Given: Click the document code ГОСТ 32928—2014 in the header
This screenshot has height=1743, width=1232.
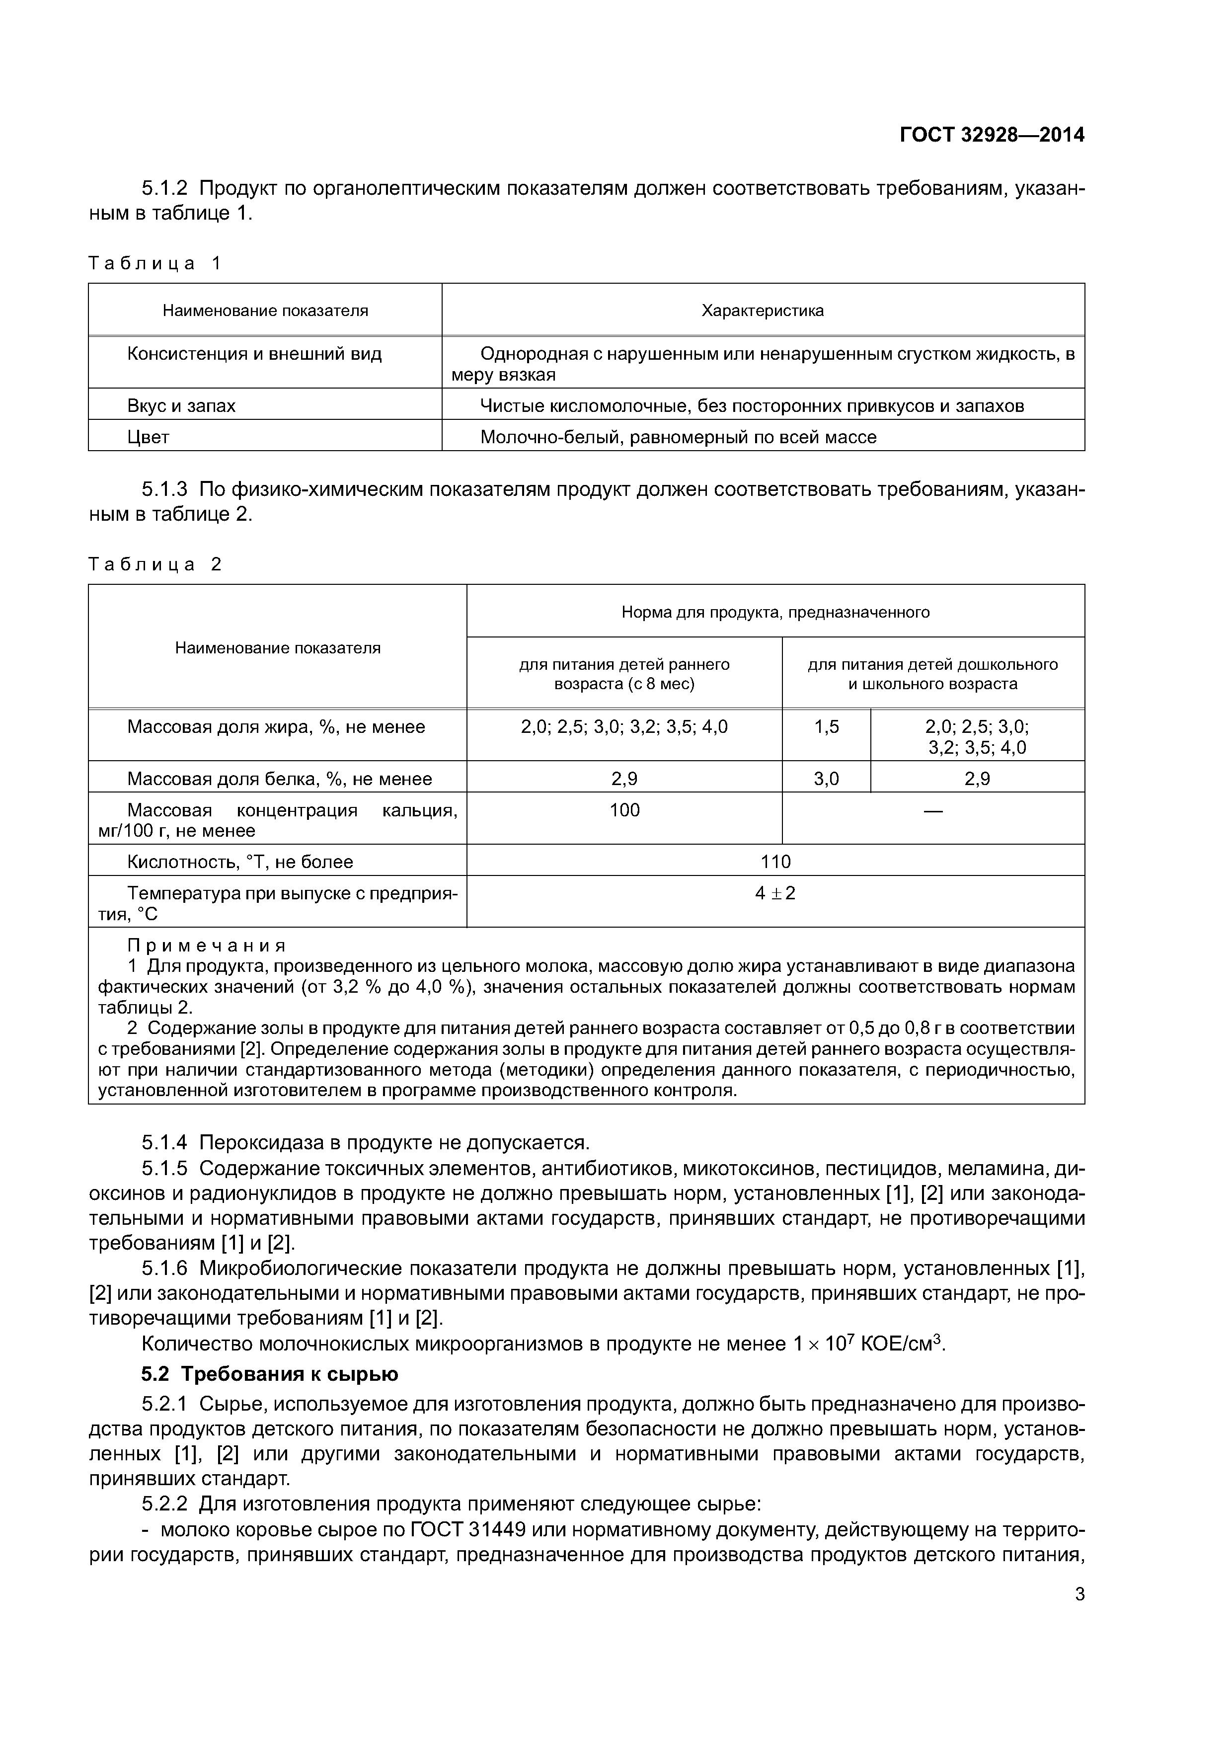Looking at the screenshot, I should point(992,135).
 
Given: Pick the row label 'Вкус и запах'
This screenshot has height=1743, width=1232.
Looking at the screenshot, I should point(181,406).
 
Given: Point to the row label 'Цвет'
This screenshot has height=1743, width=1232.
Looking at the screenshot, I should point(148,437).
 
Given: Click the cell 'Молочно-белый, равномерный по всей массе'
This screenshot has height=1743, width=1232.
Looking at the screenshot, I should point(678,437).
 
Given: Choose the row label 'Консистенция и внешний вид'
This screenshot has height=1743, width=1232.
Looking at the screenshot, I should point(254,354).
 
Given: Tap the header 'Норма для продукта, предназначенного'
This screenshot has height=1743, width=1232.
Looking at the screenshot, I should point(775,612).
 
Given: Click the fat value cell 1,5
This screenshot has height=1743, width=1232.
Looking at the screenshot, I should point(827,727).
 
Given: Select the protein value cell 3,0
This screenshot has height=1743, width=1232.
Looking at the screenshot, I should point(827,779).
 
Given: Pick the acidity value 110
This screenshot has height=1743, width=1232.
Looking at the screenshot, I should point(775,862).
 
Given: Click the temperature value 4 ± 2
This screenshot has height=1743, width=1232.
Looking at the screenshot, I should point(775,893).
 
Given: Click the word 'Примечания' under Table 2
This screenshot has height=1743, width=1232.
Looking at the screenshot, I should point(207,946).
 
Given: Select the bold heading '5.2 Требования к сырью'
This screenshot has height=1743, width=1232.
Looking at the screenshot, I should point(269,1374).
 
